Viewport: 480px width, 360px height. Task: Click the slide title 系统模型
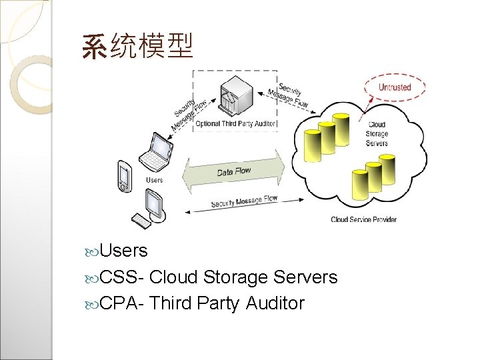(x=137, y=46)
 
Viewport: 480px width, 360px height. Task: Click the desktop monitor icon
(x=155, y=204)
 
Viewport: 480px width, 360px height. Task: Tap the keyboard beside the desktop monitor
(x=142, y=221)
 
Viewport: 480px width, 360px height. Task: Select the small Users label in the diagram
(x=154, y=179)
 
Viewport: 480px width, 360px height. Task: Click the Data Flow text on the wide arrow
(x=234, y=171)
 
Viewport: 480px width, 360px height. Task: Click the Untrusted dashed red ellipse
(x=394, y=87)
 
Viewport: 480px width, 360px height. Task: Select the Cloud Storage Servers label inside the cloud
(x=377, y=133)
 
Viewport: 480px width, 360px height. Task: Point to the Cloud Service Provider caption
(x=363, y=219)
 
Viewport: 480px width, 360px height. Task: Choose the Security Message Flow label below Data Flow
(x=244, y=201)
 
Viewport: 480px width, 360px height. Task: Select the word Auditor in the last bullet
(x=275, y=303)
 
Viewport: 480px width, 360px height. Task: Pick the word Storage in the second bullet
(x=235, y=277)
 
